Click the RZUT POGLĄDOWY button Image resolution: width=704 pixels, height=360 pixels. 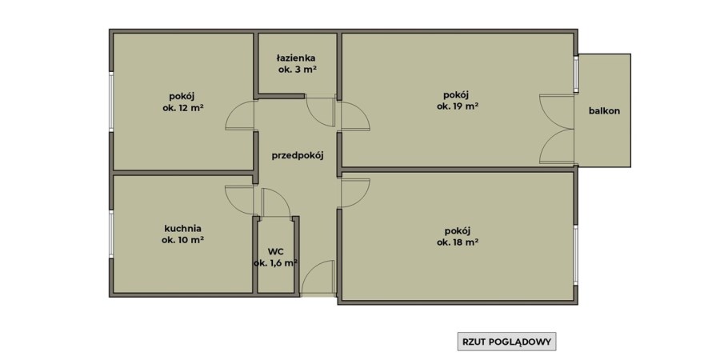tap(506, 342)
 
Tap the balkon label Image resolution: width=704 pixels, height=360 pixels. tap(604, 110)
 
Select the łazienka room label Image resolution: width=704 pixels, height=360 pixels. tap(296, 58)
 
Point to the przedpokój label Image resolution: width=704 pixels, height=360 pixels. tap(298, 156)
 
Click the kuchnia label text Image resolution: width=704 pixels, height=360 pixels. tap(182, 229)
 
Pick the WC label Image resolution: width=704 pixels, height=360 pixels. tap(276, 251)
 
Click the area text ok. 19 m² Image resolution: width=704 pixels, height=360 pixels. tap(457, 106)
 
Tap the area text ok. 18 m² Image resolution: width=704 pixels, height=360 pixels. tap(457, 242)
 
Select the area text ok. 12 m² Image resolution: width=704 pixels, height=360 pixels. tap(183, 108)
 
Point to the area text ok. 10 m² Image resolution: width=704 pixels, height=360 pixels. tap(183, 240)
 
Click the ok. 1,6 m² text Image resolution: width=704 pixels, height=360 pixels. tap(276, 263)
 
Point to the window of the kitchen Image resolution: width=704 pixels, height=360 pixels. tap(111, 234)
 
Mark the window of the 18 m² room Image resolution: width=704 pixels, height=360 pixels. tap(575, 254)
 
